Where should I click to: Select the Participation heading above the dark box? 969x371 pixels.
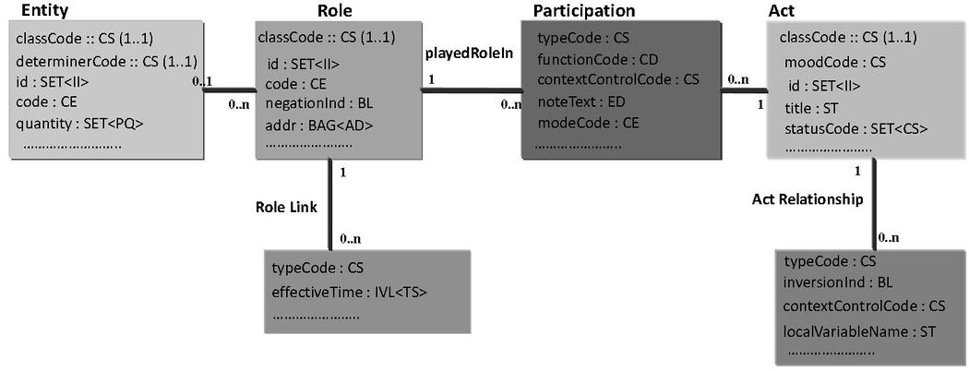tap(584, 10)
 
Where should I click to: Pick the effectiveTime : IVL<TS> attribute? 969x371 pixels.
tap(350, 293)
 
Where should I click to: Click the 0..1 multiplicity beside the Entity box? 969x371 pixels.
tap(203, 81)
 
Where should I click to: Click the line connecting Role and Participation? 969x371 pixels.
tap(471, 90)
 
